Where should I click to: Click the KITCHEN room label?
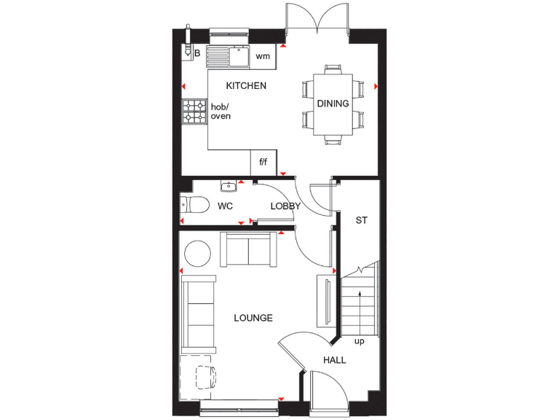(x=246, y=86)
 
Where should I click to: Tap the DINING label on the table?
(x=333, y=104)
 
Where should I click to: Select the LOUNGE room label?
(x=253, y=318)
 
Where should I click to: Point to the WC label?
(x=226, y=206)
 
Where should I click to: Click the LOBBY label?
(x=285, y=206)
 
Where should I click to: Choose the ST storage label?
(x=361, y=220)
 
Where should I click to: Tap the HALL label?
(x=335, y=360)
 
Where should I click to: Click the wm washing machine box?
(x=263, y=56)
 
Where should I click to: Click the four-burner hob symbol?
(x=194, y=112)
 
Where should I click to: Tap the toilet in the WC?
(x=194, y=205)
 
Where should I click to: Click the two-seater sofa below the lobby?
(x=249, y=250)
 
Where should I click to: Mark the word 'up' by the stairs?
(x=359, y=341)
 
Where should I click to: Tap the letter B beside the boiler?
(x=197, y=53)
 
